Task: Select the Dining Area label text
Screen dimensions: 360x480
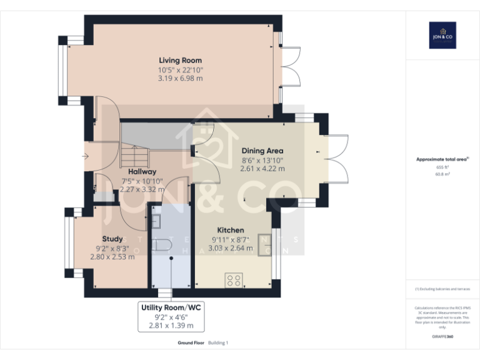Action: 262,151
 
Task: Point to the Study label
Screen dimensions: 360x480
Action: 112,239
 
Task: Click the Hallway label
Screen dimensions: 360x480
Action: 142,171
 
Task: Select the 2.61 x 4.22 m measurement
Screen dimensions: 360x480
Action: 262,168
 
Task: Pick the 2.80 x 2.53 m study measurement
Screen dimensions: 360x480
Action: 112,256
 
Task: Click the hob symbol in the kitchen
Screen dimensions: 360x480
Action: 234,279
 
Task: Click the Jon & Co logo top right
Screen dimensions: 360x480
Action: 442,35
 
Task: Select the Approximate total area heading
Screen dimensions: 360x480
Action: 442,159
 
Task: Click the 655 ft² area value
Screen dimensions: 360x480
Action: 442,167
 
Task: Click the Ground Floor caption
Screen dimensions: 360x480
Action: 190,343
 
